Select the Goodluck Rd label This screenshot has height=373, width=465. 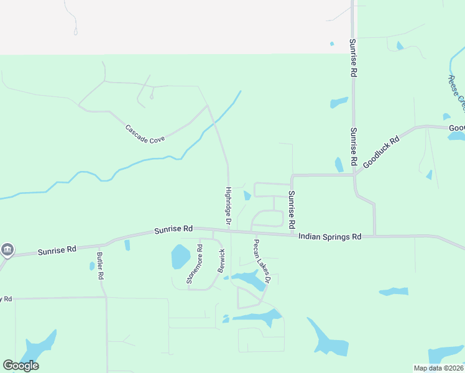(381, 151)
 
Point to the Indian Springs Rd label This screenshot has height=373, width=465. (329, 237)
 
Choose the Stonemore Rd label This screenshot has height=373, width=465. (195, 264)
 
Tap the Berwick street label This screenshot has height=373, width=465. (221, 261)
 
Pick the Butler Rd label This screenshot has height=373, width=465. (99, 265)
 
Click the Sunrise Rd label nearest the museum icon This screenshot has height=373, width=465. (57, 250)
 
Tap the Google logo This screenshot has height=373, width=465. (21, 366)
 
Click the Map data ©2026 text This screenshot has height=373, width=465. (438, 368)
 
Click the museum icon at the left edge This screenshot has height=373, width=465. (7, 250)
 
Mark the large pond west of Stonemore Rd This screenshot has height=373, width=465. (180, 256)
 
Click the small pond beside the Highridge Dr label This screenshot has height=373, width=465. (247, 196)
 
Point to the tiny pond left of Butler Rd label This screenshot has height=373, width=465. (92, 266)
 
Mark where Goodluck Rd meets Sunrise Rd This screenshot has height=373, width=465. (354, 175)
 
